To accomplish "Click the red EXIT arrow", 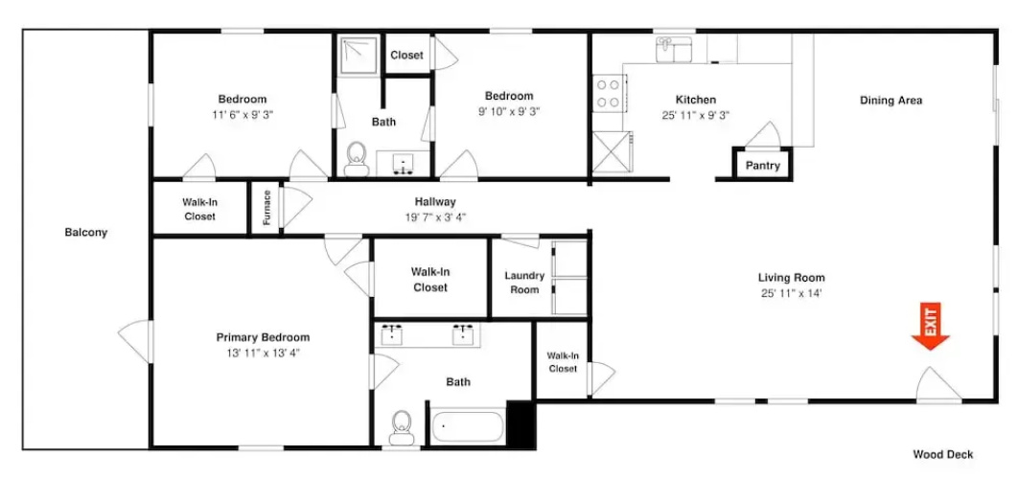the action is (931, 327).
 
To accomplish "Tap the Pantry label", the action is (762, 166).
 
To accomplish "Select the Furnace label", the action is (266, 207).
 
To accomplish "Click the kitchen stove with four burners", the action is (609, 93).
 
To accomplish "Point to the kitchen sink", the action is (673, 49).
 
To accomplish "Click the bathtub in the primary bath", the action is (468, 426).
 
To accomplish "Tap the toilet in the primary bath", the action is (403, 427).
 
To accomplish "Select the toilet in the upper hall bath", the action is (356, 158).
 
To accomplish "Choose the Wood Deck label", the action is (942, 454).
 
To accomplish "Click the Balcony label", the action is (85, 233).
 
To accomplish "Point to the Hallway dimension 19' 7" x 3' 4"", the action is (435, 217).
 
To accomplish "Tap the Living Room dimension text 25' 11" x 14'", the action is (792, 293).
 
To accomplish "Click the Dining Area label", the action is (891, 101).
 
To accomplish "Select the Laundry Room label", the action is (524, 283).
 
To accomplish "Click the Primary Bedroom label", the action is (263, 337).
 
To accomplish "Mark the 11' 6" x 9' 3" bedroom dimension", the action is (243, 114).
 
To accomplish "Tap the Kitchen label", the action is (696, 100).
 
